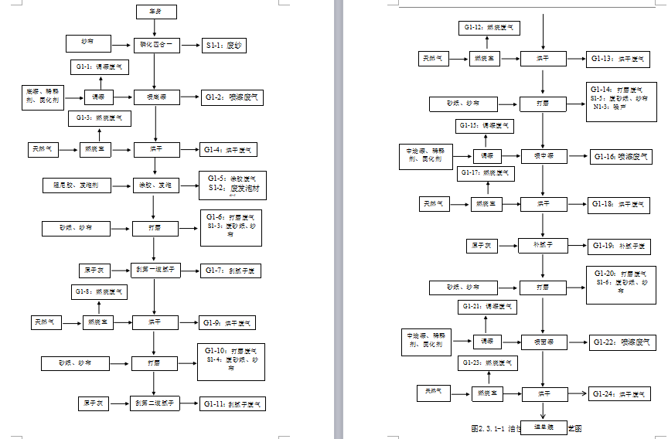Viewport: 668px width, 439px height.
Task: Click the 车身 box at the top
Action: [x=155, y=12]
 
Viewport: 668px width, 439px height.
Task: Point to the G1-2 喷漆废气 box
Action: [x=232, y=97]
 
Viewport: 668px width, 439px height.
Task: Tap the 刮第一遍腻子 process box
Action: [x=157, y=271]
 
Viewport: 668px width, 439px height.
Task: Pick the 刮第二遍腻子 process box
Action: [x=157, y=403]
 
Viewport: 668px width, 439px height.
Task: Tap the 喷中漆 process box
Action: [x=545, y=155]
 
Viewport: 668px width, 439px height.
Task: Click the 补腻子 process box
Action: [x=545, y=246]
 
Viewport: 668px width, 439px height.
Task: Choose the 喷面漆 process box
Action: [x=545, y=341]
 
